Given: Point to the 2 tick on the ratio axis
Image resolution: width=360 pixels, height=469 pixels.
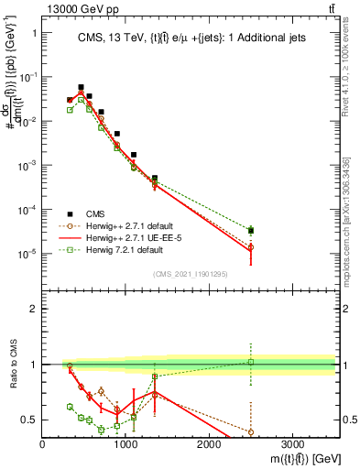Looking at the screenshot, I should point(33,309).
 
